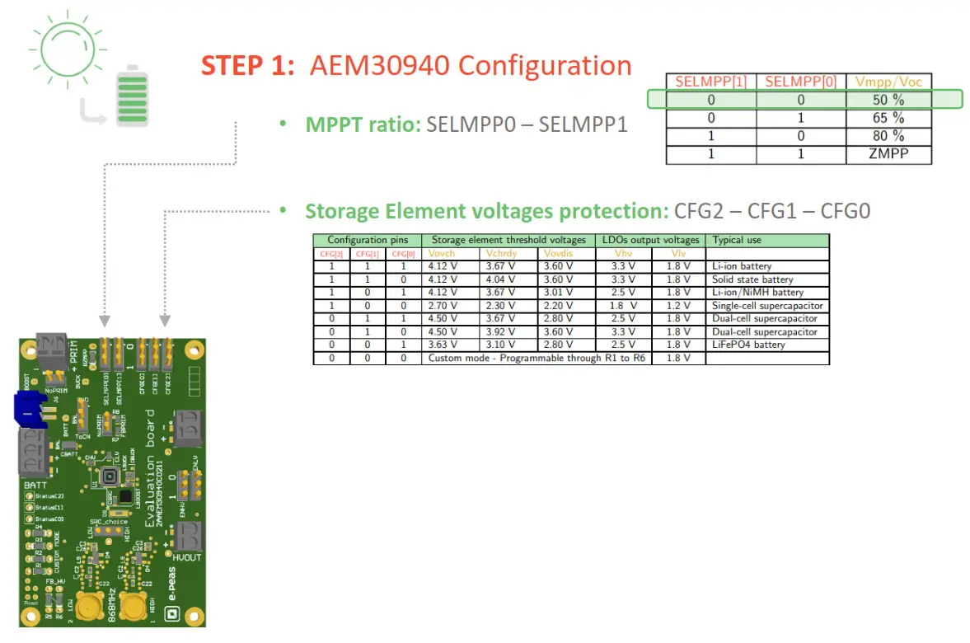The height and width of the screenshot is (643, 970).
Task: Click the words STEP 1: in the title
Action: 248,66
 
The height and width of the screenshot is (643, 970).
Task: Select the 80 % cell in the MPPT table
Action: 888,136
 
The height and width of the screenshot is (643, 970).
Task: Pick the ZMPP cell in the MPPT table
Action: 888,154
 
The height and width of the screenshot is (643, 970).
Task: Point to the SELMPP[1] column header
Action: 710,82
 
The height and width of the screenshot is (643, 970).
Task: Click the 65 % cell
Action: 888,118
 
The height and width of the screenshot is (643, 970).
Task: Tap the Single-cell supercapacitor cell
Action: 766,306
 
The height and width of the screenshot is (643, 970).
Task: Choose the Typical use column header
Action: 737,240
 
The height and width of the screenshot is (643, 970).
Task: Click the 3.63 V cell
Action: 442,345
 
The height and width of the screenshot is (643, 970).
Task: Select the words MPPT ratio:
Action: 363,124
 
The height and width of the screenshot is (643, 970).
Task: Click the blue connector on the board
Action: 30,411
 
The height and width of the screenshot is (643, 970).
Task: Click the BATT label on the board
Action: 35,486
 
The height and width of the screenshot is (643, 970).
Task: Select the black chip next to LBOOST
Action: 124,496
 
